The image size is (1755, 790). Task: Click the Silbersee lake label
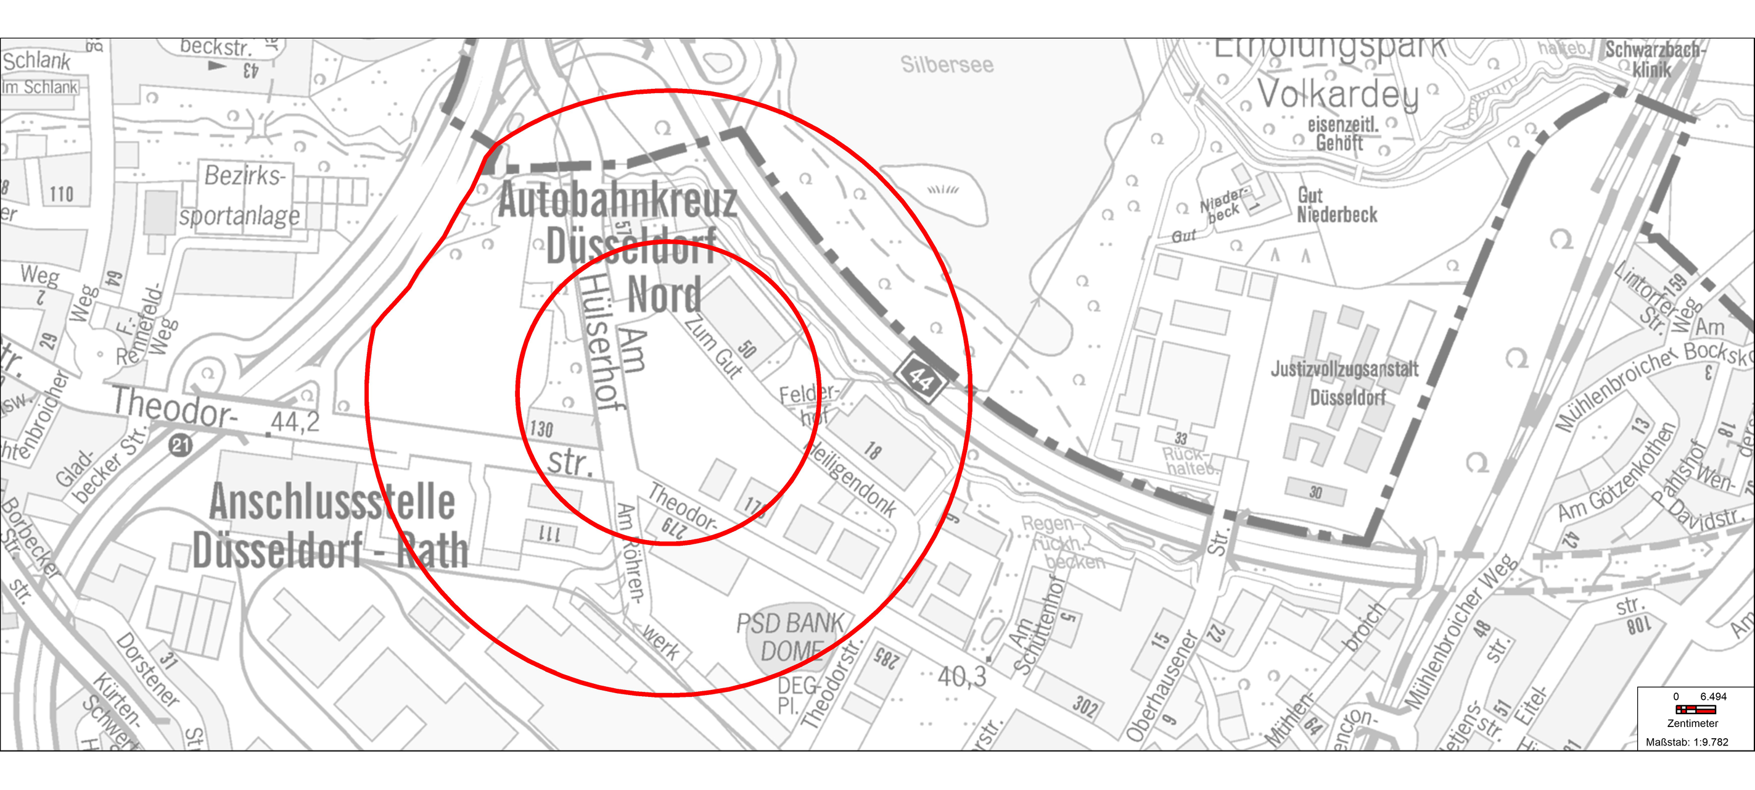947,65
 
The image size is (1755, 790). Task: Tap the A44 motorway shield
921,378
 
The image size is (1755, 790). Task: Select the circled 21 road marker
181,446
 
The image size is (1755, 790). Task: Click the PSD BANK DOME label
791,637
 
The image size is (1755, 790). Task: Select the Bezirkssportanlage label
240,196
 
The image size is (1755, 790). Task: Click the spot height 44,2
294,423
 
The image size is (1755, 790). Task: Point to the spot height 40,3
961,676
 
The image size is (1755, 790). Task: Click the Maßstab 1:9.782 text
1687,742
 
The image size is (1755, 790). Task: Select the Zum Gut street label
714,346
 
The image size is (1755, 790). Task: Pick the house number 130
541,429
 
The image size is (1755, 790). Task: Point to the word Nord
664,294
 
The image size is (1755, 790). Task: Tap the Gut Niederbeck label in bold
1336,205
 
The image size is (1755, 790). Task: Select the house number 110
61,194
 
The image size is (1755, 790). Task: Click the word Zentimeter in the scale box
1692,723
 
